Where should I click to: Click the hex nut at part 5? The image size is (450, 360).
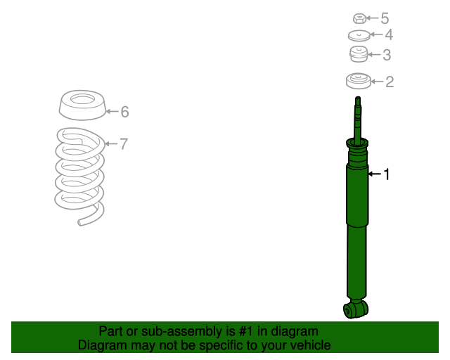coord(359,18)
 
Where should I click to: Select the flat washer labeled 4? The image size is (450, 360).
coord(359,36)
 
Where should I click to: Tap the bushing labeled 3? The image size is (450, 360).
coord(359,54)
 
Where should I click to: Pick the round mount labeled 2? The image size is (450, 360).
coord(359,81)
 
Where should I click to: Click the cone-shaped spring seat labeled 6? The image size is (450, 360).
coord(82,105)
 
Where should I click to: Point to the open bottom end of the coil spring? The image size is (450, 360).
coord(80,222)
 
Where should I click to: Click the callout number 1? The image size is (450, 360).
coord(387,174)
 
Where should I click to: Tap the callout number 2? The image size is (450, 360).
coord(390,82)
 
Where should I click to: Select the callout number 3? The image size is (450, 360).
coord(387,55)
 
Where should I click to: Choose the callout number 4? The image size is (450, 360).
coord(389,34)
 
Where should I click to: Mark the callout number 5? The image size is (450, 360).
coord(385,18)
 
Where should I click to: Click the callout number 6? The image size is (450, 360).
coord(124,112)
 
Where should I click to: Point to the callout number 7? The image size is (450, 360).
coord(124,144)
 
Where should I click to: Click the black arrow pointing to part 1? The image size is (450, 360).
coord(375,174)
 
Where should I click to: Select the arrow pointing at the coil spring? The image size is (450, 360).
coord(111,143)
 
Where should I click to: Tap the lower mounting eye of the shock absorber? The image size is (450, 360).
coord(356,309)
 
